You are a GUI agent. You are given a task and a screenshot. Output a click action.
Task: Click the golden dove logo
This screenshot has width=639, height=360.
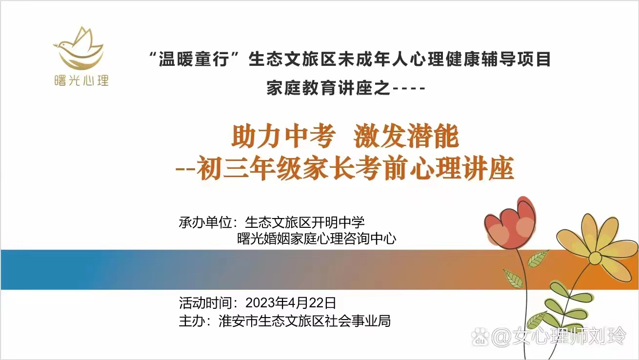79,49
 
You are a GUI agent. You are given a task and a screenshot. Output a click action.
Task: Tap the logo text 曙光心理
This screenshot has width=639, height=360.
81,80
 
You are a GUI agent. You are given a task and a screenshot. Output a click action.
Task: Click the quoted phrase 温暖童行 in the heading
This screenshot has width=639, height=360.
194,60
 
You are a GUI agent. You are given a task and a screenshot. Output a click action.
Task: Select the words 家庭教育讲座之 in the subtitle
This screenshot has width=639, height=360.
328,88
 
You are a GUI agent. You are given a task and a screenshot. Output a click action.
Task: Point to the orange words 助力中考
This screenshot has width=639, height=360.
283,137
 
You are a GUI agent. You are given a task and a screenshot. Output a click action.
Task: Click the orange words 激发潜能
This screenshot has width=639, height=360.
406,137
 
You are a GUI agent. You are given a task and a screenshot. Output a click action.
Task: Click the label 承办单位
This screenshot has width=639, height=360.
205,222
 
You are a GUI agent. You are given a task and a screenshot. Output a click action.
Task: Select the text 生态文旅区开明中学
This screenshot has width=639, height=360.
305,222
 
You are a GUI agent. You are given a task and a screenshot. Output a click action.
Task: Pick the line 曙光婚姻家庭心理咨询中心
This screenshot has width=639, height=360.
317,239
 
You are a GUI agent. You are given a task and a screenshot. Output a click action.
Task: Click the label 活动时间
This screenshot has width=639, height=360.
205,302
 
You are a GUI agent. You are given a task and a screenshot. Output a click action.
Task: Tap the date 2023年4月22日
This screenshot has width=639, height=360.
291,302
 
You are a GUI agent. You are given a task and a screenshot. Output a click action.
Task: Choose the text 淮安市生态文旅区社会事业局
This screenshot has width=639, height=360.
305,321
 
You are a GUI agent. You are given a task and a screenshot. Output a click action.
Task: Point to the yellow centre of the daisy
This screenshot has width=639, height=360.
596,259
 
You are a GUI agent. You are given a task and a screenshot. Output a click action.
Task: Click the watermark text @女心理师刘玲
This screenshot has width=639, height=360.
559,337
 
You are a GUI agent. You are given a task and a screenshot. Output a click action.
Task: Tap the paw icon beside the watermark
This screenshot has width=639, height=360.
480,337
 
